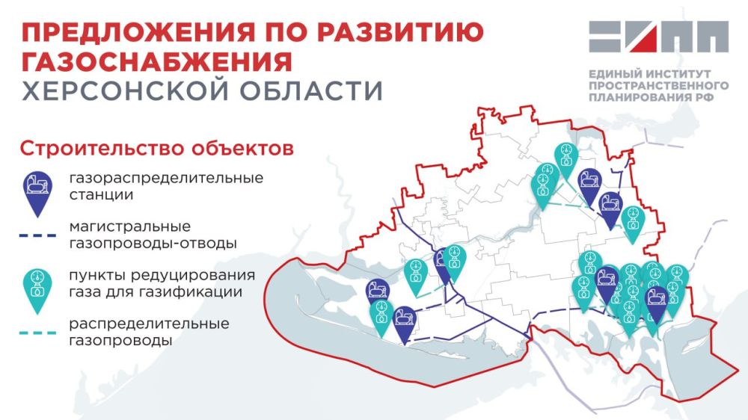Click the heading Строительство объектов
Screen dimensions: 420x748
click(x=156, y=147)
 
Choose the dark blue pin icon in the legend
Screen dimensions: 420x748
click(x=36, y=191)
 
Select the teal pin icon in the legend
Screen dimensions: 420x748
click(x=36, y=288)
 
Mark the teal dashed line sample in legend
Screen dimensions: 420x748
click(x=37, y=333)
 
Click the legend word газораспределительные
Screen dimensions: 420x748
click(x=166, y=179)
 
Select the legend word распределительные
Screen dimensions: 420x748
click(x=149, y=324)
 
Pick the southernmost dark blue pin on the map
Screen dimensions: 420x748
click(x=405, y=322)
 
